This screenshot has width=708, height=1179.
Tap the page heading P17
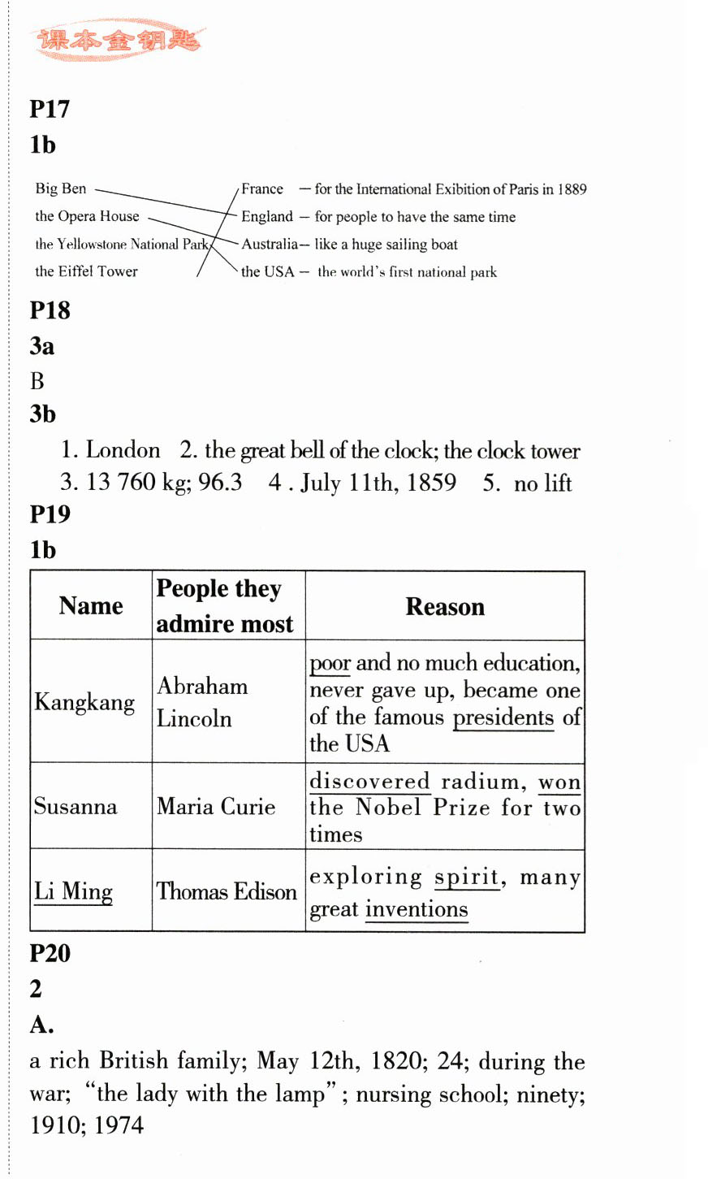point(50,109)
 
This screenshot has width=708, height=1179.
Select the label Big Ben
point(60,189)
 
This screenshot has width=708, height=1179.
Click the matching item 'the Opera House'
point(87,216)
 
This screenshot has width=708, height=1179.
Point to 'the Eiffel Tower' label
point(86,271)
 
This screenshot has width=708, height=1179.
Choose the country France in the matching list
point(262,189)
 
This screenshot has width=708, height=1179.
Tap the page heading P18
point(50,310)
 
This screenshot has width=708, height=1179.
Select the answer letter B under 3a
point(37,380)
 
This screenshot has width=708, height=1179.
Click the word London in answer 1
point(123,450)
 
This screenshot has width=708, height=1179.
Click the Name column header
point(91,606)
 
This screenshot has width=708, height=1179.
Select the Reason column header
point(445,607)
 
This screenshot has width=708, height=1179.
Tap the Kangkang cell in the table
point(84,702)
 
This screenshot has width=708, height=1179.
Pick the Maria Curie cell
point(216,807)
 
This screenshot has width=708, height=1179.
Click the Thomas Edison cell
point(227,891)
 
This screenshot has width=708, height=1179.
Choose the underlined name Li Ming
point(73,891)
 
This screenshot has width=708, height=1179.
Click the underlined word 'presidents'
point(503,717)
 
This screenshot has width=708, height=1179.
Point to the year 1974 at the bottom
point(119,1125)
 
